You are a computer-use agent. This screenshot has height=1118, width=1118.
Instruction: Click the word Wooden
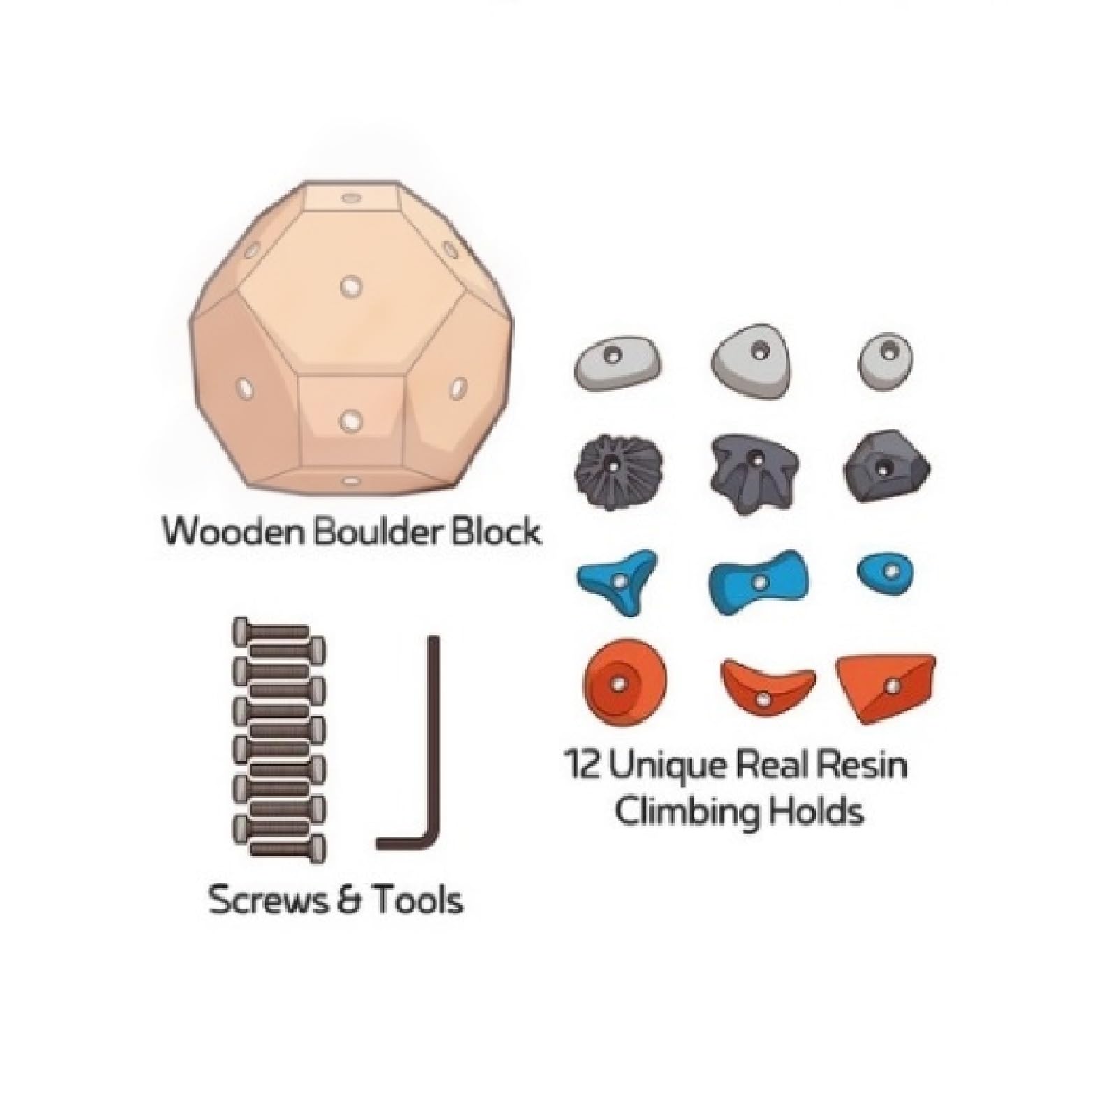pos(235,532)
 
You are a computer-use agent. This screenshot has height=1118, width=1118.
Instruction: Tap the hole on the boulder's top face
pos(349,198)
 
